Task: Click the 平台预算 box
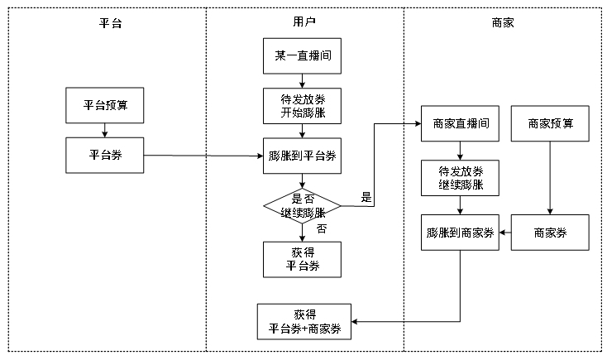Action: pyautogui.click(x=105, y=106)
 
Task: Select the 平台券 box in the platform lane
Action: pyautogui.click(x=105, y=155)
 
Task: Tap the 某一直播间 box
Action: pyautogui.click(x=302, y=56)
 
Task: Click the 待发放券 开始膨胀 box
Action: pyautogui.click(x=302, y=106)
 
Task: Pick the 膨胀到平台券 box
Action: pyautogui.click(x=302, y=155)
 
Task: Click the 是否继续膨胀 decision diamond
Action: pyautogui.click(x=302, y=205)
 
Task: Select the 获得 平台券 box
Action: pyautogui.click(x=302, y=258)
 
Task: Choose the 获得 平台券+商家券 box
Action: pyautogui.click(x=304, y=321)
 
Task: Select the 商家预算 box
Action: pyautogui.click(x=550, y=123)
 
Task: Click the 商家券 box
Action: pyautogui.click(x=550, y=233)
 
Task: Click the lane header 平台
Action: pyautogui.click(x=110, y=23)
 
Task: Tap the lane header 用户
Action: pyautogui.click(x=304, y=23)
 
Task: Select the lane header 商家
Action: pyautogui.click(x=503, y=23)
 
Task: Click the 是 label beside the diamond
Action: pyautogui.click(x=366, y=198)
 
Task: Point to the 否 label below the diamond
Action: pyautogui.click(x=322, y=228)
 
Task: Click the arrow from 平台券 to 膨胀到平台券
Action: pyautogui.click(x=203, y=156)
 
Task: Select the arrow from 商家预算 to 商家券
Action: pyautogui.click(x=550, y=178)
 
